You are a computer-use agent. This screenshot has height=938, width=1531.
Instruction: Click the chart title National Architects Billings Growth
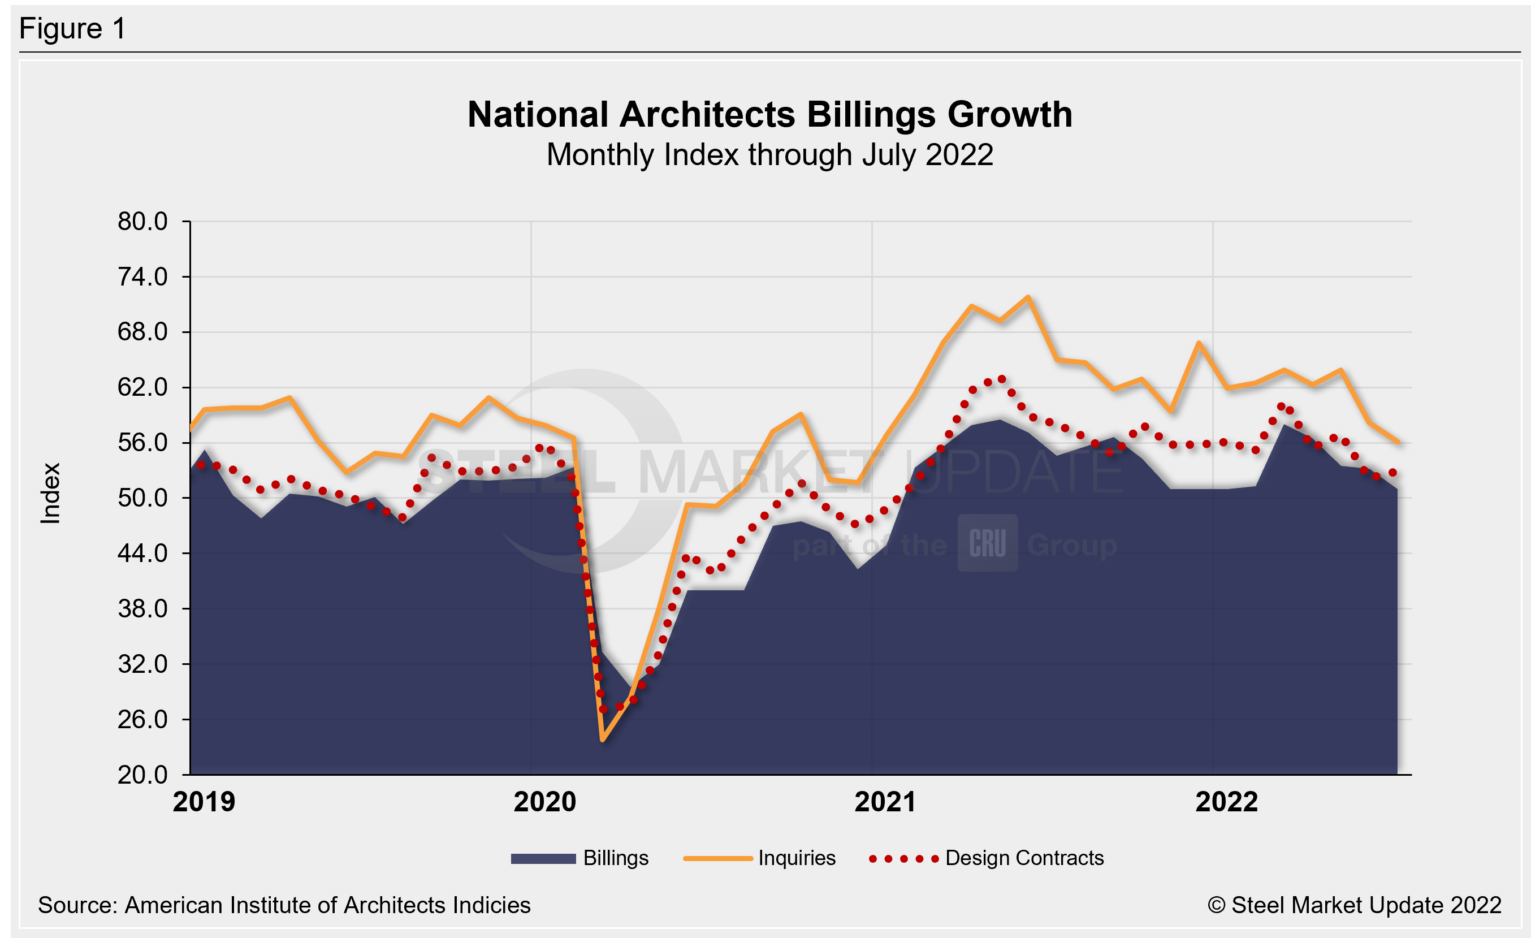pyautogui.click(x=770, y=115)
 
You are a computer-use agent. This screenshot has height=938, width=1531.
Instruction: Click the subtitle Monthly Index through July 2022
pyautogui.click(x=770, y=155)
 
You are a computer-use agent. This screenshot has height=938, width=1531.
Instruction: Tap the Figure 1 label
pyautogui.click(x=73, y=29)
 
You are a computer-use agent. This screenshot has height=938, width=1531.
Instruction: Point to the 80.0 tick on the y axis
pyautogui.click(x=143, y=222)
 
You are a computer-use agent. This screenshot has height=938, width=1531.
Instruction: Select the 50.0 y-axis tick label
pyautogui.click(x=143, y=498)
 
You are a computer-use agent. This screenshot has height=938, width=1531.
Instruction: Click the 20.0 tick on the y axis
pyautogui.click(x=143, y=775)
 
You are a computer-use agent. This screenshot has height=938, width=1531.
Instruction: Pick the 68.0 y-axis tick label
pyautogui.click(x=143, y=332)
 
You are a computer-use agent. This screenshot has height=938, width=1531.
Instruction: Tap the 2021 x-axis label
pyautogui.click(x=885, y=802)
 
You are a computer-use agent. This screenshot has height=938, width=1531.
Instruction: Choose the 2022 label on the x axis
pyautogui.click(x=1226, y=802)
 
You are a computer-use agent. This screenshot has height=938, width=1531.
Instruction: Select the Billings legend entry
pyautogui.click(x=579, y=858)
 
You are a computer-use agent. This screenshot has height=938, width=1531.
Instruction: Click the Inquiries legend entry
pyautogui.click(x=760, y=858)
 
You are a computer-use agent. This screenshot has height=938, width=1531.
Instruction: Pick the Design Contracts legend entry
pyautogui.click(x=987, y=858)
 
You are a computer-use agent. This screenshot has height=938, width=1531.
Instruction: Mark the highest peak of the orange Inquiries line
pyautogui.click(x=1028, y=297)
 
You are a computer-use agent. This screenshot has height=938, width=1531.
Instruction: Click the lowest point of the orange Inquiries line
pyautogui.click(x=603, y=740)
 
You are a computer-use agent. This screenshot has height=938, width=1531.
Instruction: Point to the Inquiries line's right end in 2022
pyautogui.click(x=1398, y=442)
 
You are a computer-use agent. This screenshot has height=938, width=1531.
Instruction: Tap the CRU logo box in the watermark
pyautogui.click(x=987, y=543)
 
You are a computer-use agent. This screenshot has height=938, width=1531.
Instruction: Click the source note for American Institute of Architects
pyautogui.click(x=284, y=906)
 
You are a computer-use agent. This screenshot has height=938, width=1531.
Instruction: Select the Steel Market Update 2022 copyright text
pyautogui.click(x=1355, y=906)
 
